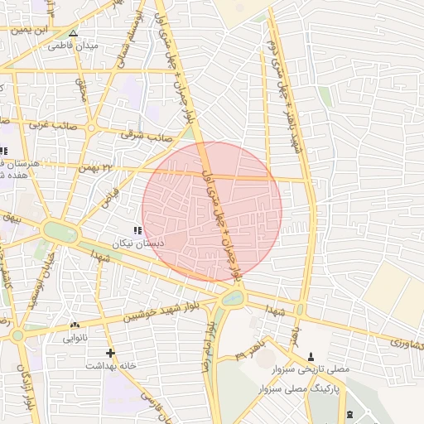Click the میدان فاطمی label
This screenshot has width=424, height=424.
pyautogui.click(x=73, y=46)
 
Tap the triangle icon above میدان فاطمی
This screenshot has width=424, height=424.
pyautogui.click(x=73, y=34)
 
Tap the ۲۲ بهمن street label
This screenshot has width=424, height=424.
pyautogui.click(x=95, y=167)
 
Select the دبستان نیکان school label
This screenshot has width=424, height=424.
pyautogui.click(x=138, y=244)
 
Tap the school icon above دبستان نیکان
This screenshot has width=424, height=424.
pyautogui.click(x=137, y=230)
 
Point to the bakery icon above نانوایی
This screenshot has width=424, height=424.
pyautogui.click(x=75, y=325)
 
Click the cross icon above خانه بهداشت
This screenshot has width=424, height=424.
pyautogui.click(x=110, y=353)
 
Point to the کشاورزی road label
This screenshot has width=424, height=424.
pyautogui.click(x=403, y=340)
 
